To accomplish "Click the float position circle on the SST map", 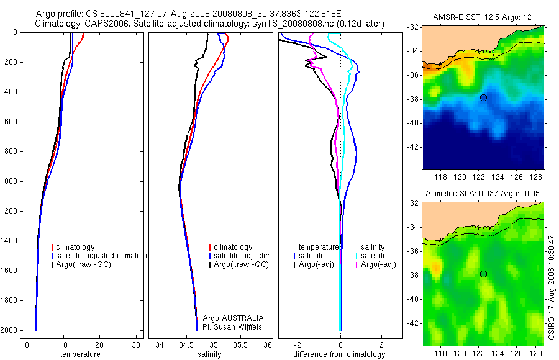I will pyautogui.click(x=483, y=97).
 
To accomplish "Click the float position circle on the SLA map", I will pyautogui.click(x=483, y=274).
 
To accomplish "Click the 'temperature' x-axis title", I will pyautogui.click(x=80, y=354).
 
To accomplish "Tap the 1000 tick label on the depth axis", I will pyautogui.click(x=11, y=181).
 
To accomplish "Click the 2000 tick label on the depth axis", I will pyautogui.click(x=11, y=330).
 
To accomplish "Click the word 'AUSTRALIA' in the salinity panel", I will pyautogui.click(x=246, y=318).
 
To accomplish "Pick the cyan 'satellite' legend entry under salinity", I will pyautogui.click(x=374, y=256).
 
